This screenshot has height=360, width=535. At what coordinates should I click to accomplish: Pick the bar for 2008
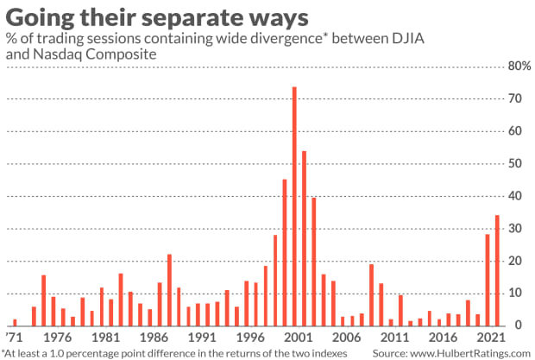[371, 294]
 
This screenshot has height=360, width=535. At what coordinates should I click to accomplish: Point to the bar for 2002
[304, 238]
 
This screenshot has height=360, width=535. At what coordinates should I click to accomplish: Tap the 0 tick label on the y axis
[516, 325]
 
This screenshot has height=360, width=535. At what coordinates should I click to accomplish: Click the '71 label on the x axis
[13, 338]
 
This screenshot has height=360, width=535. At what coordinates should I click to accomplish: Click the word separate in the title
[226, 16]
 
